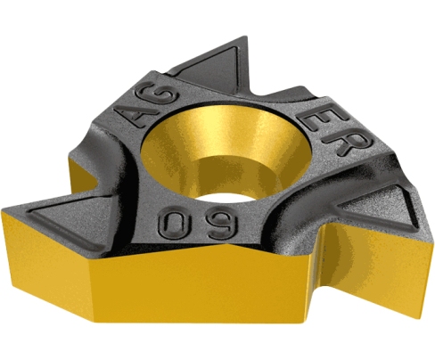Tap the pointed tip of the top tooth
[245, 37]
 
